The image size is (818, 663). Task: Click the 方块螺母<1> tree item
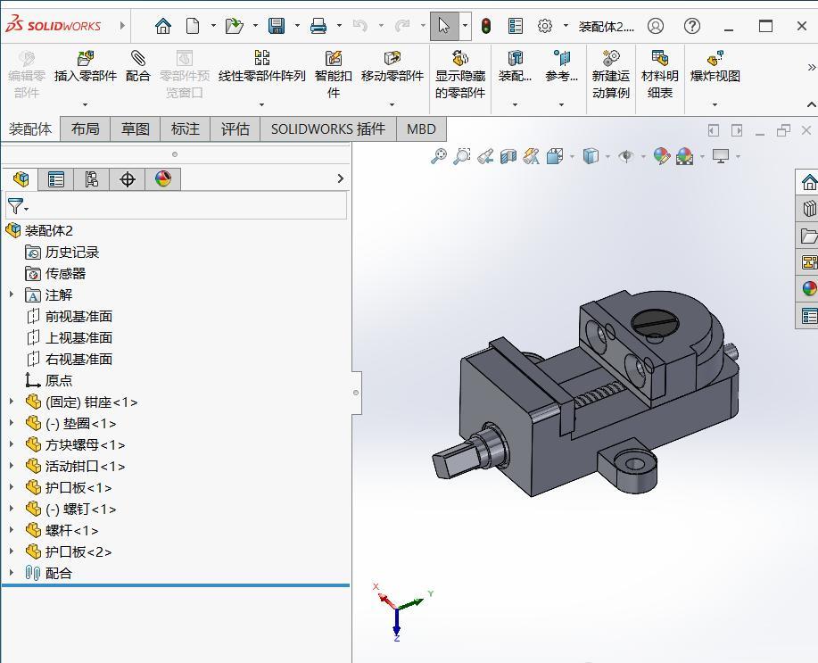coord(85,444)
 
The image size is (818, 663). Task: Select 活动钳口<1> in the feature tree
coord(85,466)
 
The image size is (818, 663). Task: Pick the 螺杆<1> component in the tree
coord(71,530)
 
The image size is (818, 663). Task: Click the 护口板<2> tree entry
coord(78,551)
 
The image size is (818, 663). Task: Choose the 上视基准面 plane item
coord(78,337)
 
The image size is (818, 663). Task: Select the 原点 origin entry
coord(59,380)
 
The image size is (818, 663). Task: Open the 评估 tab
coord(235,128)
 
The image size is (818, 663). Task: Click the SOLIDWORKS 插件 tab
coord(327,128)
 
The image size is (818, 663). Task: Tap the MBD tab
coord(421,128)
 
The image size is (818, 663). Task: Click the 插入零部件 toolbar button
coord(86,68)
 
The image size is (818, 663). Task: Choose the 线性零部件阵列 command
coord(261,68)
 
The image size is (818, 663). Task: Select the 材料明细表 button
coord(659,68)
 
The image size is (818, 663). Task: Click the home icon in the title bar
coord(162,26)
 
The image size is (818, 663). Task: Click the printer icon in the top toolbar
coord(318,26)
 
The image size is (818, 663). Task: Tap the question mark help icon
coord(691,26)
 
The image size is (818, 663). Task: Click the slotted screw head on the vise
coord(656,322)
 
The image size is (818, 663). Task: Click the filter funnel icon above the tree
coord(15,206)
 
